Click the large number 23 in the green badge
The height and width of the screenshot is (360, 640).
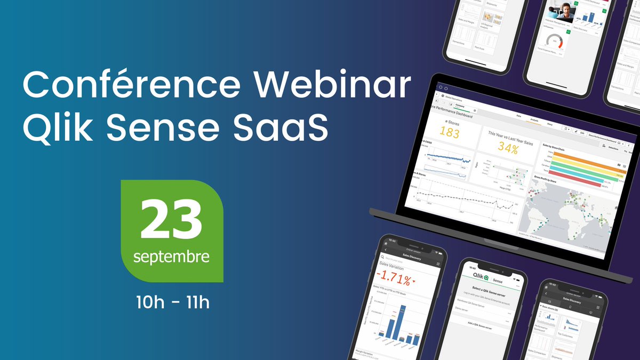click(172, 220)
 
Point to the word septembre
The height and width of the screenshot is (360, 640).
click(171, 257)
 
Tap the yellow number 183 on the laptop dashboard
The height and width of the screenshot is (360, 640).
click(449, 133)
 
